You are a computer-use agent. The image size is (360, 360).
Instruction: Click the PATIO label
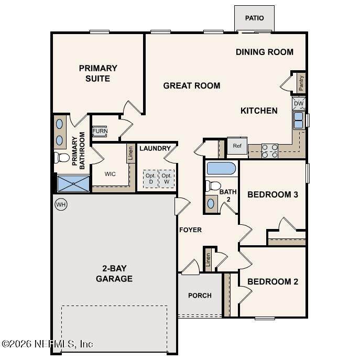[x=254, y=18]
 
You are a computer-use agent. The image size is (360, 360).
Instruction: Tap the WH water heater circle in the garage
[x=61, y=204]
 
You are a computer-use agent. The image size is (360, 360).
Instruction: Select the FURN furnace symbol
[x=100, y=131]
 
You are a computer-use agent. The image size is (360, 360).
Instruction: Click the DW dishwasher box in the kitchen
[x=299, y=103]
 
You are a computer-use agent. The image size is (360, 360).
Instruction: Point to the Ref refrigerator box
[x=237, y=146]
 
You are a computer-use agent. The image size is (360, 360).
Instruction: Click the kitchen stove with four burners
[x=270, y=151]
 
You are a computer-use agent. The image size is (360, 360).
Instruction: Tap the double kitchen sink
[x=299, y=120]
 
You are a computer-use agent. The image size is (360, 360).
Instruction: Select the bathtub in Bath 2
[x=221, y=168]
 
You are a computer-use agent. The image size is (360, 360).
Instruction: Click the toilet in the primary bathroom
[x=62, y=158]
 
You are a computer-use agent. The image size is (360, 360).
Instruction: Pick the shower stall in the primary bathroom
[x=73, y=184]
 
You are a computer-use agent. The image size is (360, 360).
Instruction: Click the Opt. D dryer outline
[x=150, y=179]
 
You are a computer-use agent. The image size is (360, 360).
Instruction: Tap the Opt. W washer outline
[x=167, y=179]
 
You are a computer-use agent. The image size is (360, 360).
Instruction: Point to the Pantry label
[x=301, y=83]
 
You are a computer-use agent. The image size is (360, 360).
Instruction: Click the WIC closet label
[x=110, y=174]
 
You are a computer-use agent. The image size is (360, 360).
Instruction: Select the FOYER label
[x=190, y=230]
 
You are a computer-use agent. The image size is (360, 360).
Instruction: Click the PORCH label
[x=200, y=295]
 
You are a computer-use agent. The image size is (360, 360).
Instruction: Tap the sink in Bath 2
[x=211, y=204]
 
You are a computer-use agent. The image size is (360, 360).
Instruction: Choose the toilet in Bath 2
[x=213, y=186]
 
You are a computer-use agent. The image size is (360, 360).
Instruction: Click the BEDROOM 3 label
[x=273, y=195]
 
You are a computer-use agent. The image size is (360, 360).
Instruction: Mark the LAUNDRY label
[x=155, y=148]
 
